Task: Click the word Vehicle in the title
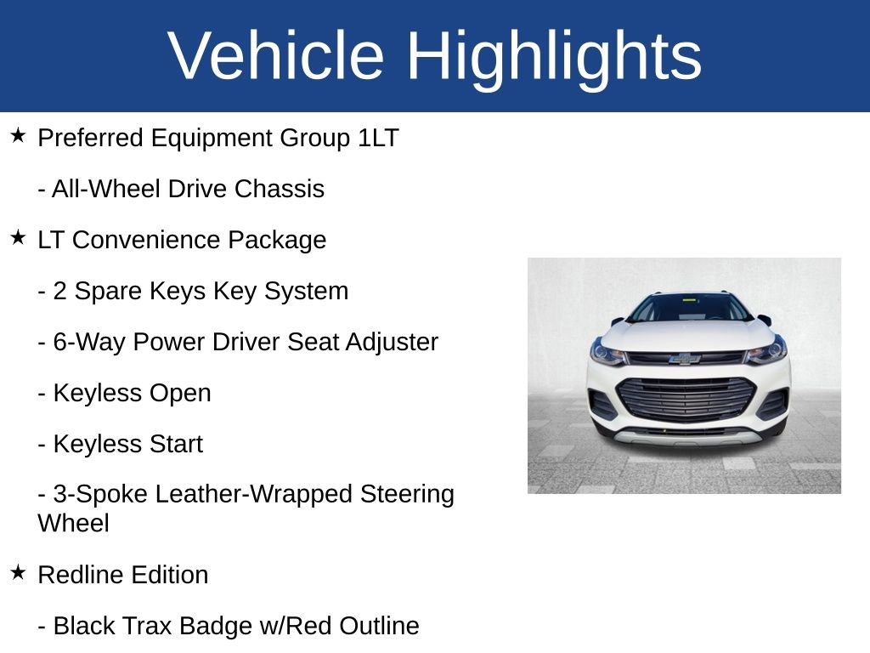[x=276, y=55]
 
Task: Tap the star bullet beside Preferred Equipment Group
[x=18, y=135]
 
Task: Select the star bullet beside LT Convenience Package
[x=18, y=237]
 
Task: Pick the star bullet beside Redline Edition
[x=18, y=572]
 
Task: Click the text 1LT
[x=378, y=138]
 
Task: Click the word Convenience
[x=146, y=240]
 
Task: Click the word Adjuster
[x=392, y=342]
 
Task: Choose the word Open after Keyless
[x=180, y=394]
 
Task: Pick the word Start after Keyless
[x=175, y=444]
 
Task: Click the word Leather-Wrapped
[x=253, y=494]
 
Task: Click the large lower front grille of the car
[x=686, y=398]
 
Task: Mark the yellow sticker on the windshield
[x=688, y=300]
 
